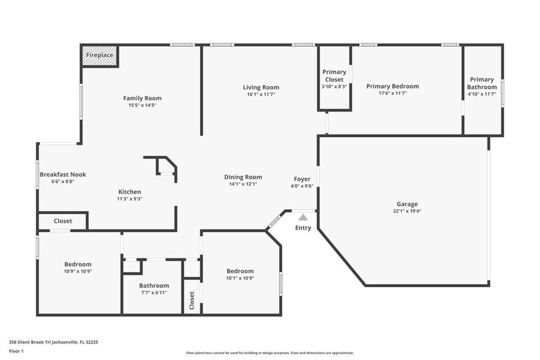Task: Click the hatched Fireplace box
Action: click(x=99, y=55)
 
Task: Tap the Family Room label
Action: click(x=142, y=98)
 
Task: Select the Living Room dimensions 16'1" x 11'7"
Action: click(x=261, y=94)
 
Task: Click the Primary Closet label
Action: click(x=334, y=76)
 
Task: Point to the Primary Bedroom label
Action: click(x=392, y=86)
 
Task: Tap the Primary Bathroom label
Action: click(x=482, y=83)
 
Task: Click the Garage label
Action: click(x=407, y=204)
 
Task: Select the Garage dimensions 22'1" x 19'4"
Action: click(x=407, y=211)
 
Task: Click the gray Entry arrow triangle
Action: click(x=303, y=217)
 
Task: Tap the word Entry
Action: click(x=303, y=228)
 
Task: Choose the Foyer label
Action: click(x=302, y=179)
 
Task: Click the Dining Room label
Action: click(x=243, y=177)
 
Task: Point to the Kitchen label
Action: click(x=129, y=192)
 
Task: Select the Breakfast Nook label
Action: click(x=62, y=174)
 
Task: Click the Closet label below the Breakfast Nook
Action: click(x=62, y=221)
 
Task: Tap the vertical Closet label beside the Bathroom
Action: click(x=192, y=300)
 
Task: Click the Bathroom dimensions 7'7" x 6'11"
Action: click(x=154, y=293)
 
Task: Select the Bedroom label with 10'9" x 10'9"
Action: click(x=78, y=264)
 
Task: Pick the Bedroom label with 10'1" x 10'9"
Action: click(x=240, y=271)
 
